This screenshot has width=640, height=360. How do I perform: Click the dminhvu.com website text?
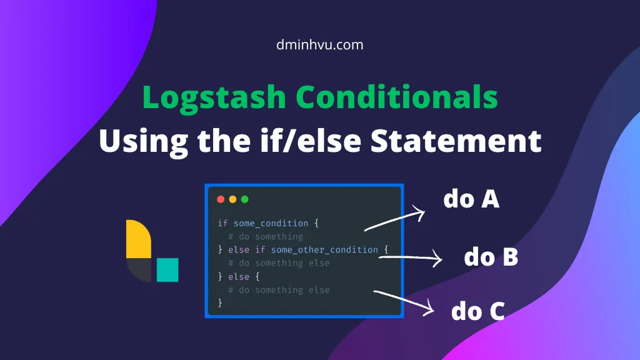(319, 45)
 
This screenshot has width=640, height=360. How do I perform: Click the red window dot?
(221, 199)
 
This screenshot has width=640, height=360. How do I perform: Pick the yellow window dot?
(232, 199)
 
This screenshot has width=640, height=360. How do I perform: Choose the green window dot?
(244, 199)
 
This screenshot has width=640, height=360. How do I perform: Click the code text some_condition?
(271, 223)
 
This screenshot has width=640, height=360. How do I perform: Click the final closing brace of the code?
(220, 303)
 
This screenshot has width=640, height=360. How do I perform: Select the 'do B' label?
(491, 257)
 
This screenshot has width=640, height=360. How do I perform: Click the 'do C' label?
(477, 311)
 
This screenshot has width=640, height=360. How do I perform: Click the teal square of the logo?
(167, 269)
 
